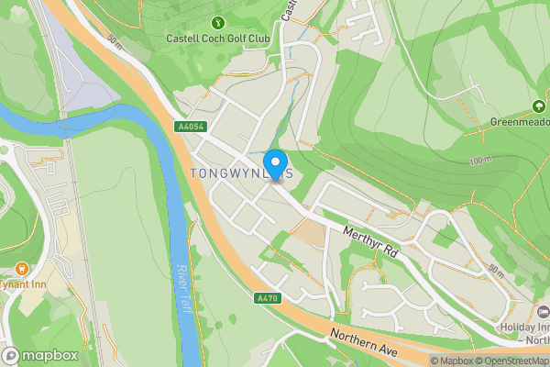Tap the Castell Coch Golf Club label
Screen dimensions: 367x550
(217, 39)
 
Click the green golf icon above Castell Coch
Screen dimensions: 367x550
(217, 22)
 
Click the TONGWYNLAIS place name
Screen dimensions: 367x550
(241, 172)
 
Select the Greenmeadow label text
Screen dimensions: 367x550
(520, 121)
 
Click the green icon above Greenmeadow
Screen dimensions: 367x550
(538, 106)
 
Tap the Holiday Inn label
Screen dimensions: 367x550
(523, 328)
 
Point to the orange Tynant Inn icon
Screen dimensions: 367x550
(21, 269)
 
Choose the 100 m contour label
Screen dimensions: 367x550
(480, 161)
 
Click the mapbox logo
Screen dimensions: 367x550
(40, 355)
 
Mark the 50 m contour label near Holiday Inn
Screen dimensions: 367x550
(497, 270)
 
